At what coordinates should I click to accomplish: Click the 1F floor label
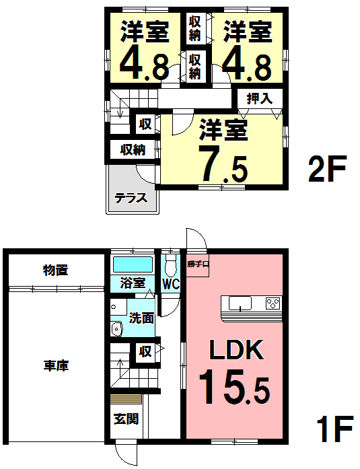(x=334, y=429)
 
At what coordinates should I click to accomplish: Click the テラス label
(x=131, y=199)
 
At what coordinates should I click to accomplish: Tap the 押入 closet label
(x=259, y=98)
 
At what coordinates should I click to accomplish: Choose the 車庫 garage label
(x=57, y=366)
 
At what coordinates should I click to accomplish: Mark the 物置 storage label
(x=57, y=270)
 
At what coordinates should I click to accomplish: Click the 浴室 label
(x=133, y=283)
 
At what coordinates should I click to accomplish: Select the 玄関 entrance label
(x=125, y=419)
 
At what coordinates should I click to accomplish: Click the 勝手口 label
(x=199, y=264)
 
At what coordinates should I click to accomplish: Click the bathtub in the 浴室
(x=133, y=264)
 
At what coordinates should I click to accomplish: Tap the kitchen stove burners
(x=273, y=303)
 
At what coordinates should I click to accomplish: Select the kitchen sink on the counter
(x=238, y=304)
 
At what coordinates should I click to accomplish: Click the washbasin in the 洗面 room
(x=116, y=329)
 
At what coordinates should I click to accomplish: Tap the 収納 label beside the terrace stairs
(x=133, y=149)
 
